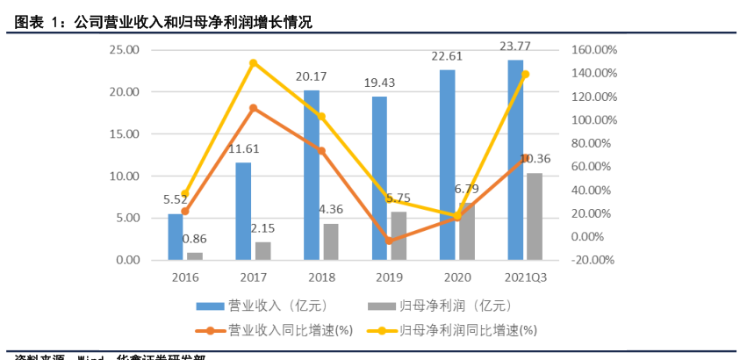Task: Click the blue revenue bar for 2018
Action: click(312, 176)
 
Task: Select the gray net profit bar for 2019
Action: click(399, 236)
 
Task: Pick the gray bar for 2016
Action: click(195, 256)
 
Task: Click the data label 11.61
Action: click(243, 150)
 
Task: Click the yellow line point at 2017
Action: click(253, 63)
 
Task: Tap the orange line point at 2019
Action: click(389, 241)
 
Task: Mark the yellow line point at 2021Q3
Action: click(525, 75)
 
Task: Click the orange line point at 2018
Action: click(321, 151)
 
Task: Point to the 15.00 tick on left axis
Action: click(124, 134)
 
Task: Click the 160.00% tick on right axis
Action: click(593, 50)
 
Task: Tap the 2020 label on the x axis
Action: click(456, 277)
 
